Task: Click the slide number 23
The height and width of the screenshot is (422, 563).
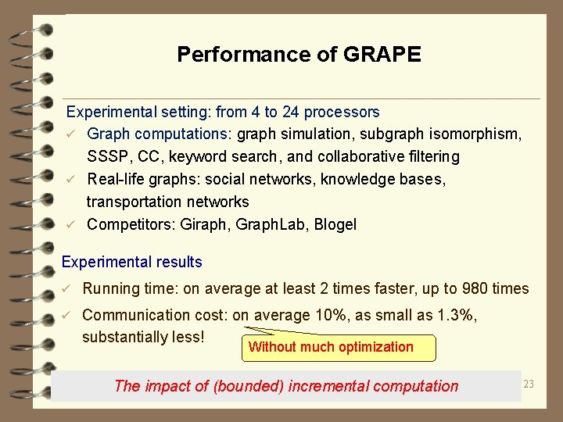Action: (x=528, y=384)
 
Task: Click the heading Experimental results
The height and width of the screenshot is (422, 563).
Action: (x=131, y=263)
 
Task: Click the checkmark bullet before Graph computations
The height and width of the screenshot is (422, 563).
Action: (x=70, y=134)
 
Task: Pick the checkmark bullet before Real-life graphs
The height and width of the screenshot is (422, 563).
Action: (x=70, y=180)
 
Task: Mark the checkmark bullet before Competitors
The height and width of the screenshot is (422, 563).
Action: (x=70, y=225)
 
